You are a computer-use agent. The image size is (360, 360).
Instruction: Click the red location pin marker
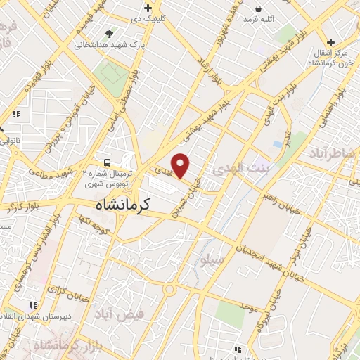pos(181,165)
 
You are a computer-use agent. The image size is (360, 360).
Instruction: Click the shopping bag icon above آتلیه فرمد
pos(259,8)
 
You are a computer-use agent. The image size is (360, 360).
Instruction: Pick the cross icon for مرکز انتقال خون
pos(330,42)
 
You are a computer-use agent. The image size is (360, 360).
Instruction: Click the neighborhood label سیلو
pos(212,262)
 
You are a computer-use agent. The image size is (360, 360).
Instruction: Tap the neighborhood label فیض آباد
pos(124,314)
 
